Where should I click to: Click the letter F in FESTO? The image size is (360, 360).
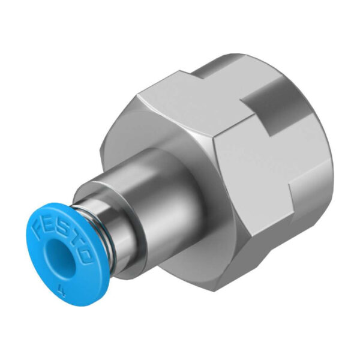(40, 224)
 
